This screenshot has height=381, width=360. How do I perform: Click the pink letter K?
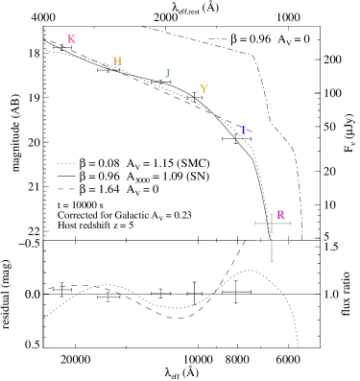pos(71,39)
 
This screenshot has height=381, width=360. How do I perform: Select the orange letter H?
pos(117,61)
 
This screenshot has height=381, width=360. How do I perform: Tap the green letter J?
pos(167,74)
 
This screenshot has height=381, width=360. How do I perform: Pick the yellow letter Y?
pos(204,89)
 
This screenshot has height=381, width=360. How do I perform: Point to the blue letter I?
pos(243,131)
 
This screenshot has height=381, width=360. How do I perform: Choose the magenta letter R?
pos(280,215)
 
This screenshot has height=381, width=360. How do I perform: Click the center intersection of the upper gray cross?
pos(272,224)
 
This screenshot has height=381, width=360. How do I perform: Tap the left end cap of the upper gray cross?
pos(255,224)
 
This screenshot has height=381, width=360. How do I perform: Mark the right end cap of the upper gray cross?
pos(290,224)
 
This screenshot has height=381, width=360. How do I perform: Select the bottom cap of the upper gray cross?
pos(272,232)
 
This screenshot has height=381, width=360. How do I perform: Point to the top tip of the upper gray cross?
pos(272,214)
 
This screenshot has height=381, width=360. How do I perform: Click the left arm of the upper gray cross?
pos(263,224)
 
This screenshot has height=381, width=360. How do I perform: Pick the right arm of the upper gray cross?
pos(281,224)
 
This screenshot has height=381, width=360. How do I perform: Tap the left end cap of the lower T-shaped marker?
pos(255,241)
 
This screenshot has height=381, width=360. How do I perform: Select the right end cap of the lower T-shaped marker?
pos(290,241)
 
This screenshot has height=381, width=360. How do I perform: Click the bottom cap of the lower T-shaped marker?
pos(272,261)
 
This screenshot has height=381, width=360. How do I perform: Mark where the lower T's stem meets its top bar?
pos(272,241)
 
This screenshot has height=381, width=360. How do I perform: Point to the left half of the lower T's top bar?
pos(263,241)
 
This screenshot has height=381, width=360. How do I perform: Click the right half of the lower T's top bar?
pos(281,241)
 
